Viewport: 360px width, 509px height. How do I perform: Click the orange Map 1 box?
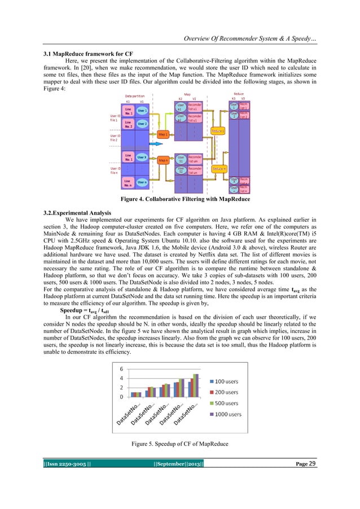tap(163, 135)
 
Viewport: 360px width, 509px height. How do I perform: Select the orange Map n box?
tap(163, 160)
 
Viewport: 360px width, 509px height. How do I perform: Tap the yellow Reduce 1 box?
tap(218, 131)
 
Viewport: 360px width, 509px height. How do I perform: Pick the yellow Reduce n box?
tap(219, 168)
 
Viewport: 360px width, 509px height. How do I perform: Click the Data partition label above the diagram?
tap(134, 96)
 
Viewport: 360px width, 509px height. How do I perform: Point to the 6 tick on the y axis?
tap(121, 369)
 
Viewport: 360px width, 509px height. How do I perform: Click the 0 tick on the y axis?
tap(121, 397)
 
